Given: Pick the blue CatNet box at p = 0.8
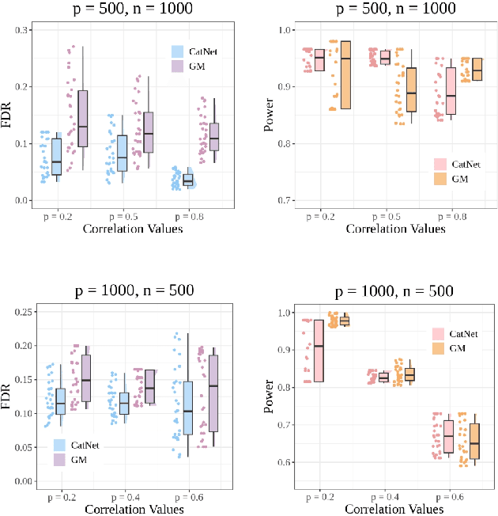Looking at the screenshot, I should coord(188,180).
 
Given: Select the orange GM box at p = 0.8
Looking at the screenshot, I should coord(477,70).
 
